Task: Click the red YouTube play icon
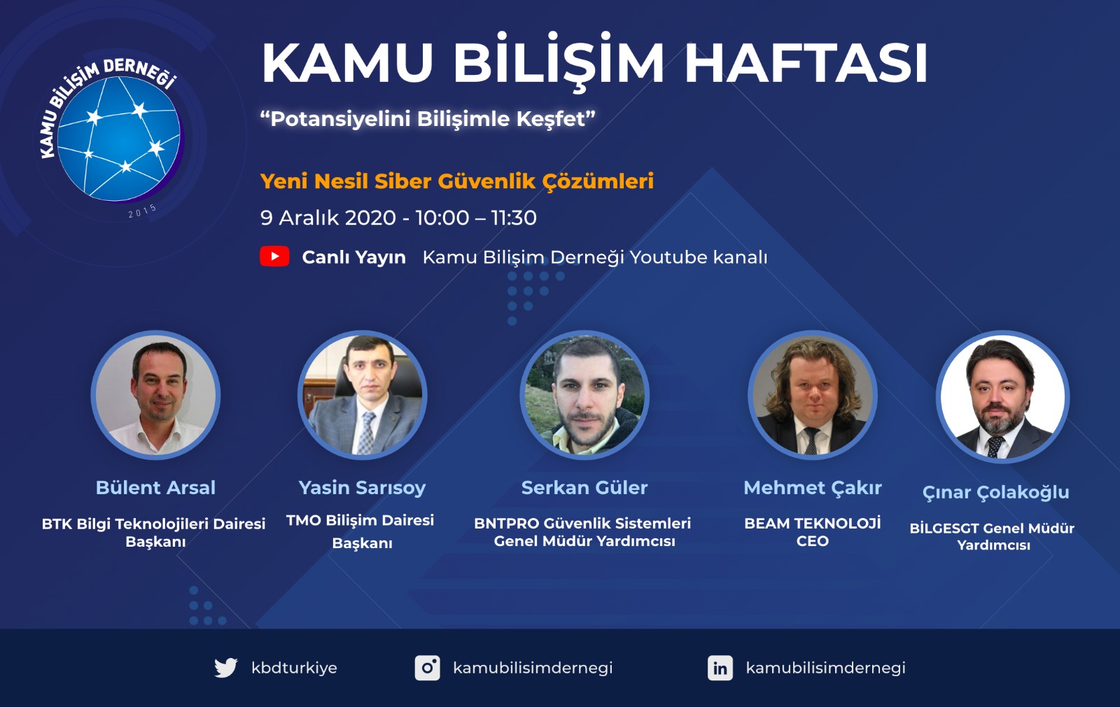[274, 256]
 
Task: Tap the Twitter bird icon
[226, 668]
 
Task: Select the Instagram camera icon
[428, 668]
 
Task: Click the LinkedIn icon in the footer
[720, 668]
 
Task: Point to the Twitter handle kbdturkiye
[294, 668]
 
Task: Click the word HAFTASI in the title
[806, 63]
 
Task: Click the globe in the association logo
[119, 139]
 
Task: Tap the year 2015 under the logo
[143, 211]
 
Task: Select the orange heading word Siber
[403, 181]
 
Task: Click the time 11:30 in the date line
[514, 218]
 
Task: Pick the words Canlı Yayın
[354, 258]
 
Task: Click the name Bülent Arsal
[155, 487]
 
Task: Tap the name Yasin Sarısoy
[362, 488]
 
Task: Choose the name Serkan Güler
[584, 487]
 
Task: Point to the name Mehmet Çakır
[813, 488]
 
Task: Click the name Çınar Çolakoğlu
[995, 493]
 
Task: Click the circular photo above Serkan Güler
[584, 395]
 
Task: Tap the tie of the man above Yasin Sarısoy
[367, 433]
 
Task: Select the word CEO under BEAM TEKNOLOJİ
[813, 541]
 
